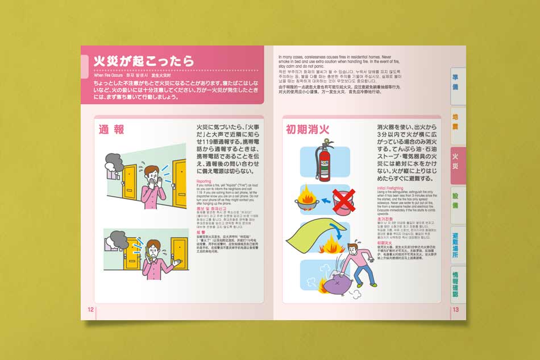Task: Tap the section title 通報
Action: click(x=111, y=130)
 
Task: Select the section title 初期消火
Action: click(x=308, y=130)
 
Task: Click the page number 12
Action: click(x=90, y=309)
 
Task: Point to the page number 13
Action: click(x=455, y=309)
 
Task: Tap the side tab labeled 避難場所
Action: click(x=458, y=244)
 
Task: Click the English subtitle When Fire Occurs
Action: click(x=108, y=75)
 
